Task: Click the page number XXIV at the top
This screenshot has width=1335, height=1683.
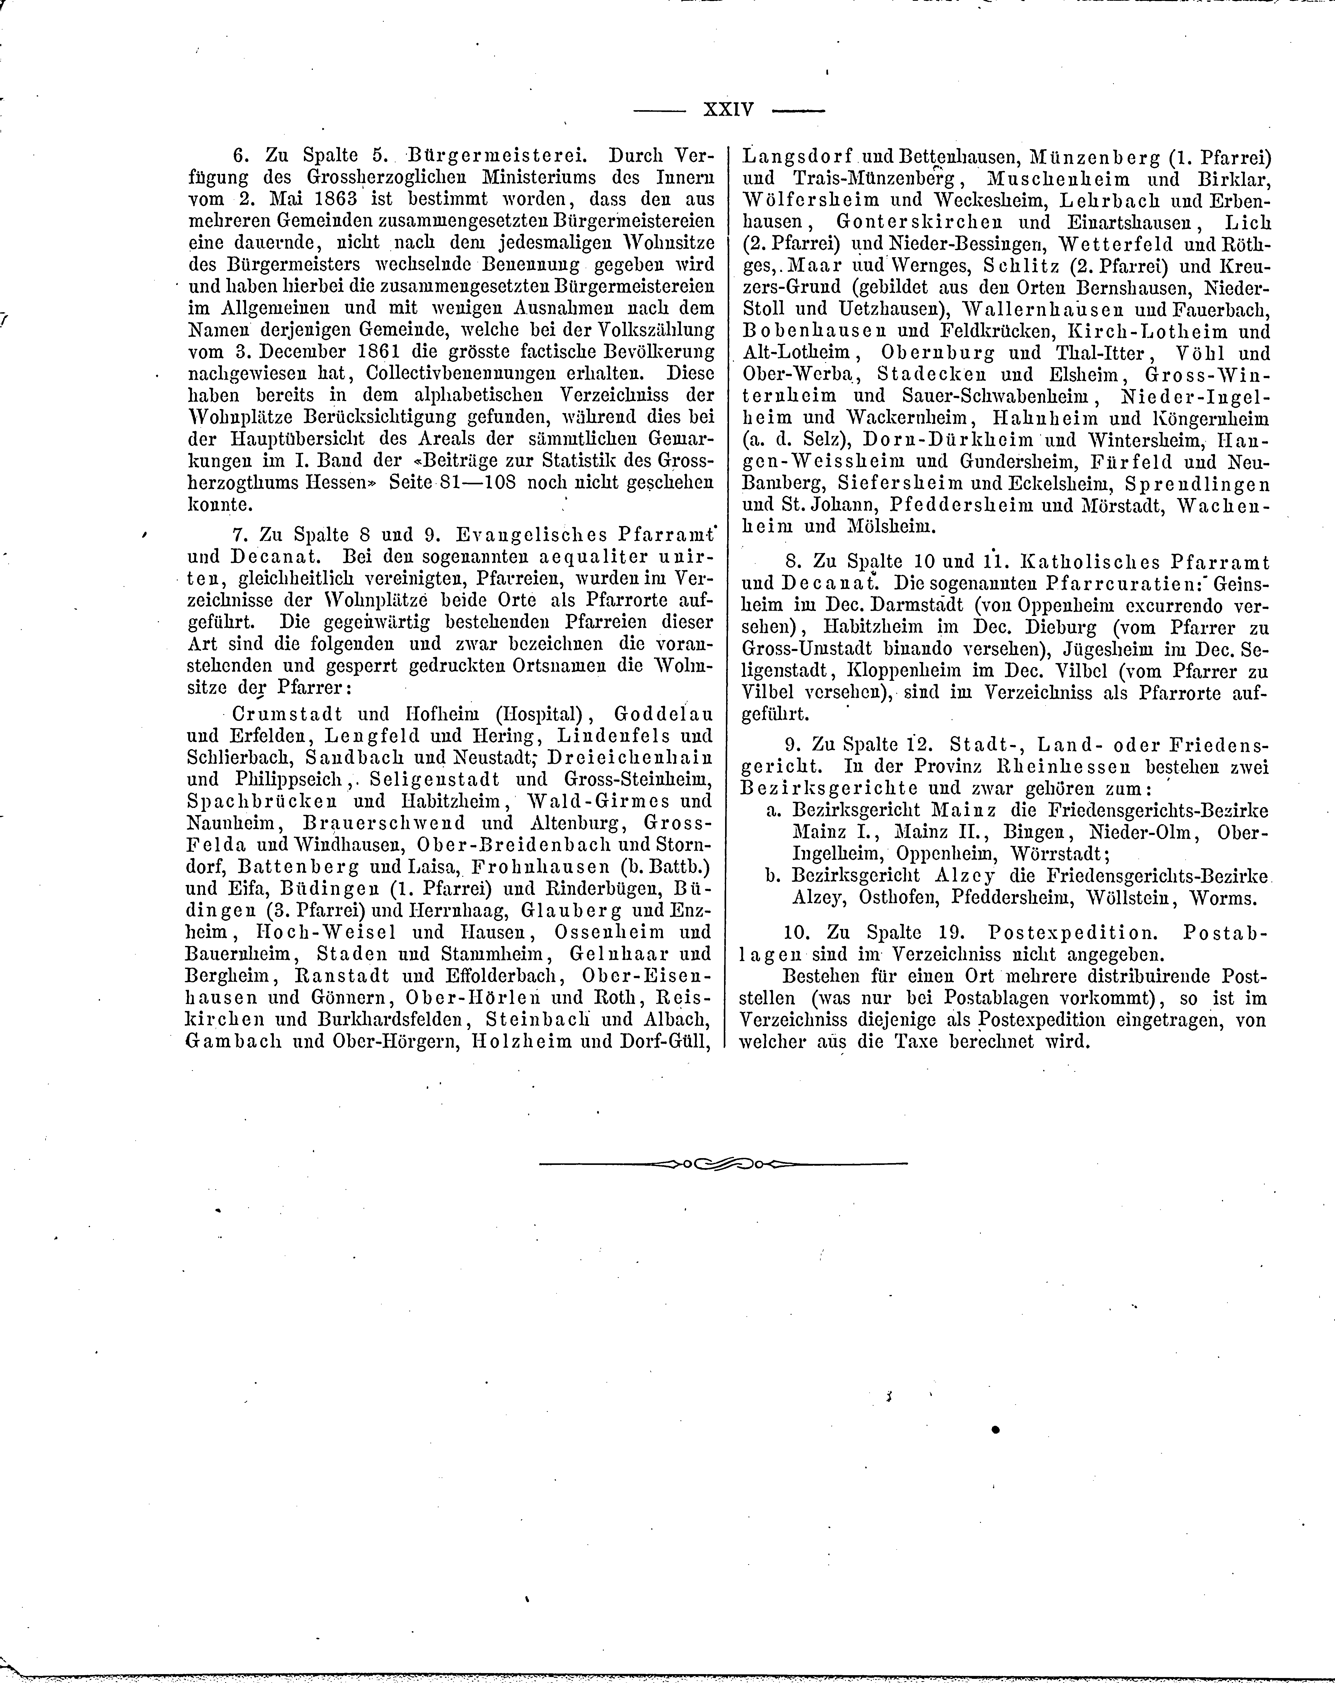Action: coord(728,109)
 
